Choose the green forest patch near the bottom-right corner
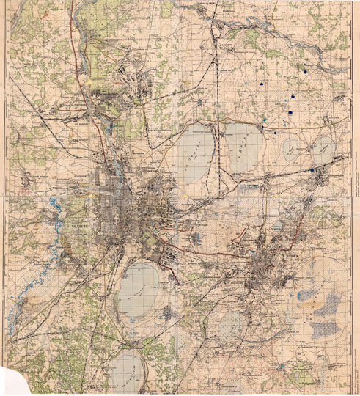tap(323, 367)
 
